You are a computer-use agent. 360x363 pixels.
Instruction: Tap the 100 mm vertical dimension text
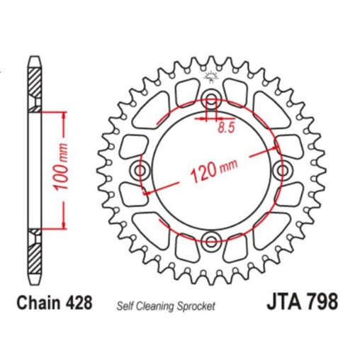pyautogui.click(x=64, y=170)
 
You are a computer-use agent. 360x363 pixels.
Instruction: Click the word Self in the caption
pyautogui.click(x=123, y=306)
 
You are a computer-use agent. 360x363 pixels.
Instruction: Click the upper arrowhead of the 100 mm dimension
pyautogui.click(x=64, y=114)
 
